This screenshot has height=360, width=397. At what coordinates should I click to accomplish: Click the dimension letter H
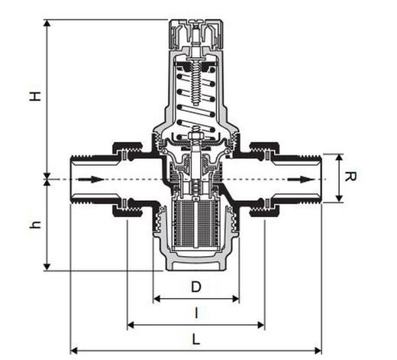(x=35, y=96)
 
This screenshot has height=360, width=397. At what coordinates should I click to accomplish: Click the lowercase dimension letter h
(x=35, y=225)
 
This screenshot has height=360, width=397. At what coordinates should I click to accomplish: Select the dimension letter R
(x=350, y=177)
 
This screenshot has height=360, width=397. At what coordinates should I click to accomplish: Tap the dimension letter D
(x=196, y=287)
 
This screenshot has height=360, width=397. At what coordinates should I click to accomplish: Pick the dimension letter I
(x=196, y=313)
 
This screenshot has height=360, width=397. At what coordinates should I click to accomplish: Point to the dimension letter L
(x=195, y=339)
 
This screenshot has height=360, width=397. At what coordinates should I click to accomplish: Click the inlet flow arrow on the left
(x=91, y=180)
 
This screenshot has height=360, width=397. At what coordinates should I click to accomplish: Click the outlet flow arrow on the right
(x=301, y=180)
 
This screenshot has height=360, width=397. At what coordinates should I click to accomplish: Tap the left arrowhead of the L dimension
(x=73, y=351)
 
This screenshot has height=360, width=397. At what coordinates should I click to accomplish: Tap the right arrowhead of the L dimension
(x=318, y=351)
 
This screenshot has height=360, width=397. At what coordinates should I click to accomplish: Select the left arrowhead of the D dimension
(x=157, y=299)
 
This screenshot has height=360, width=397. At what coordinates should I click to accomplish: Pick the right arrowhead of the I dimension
(x=261, y=325)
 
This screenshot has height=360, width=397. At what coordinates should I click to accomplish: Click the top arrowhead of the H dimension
(x=47, y=23)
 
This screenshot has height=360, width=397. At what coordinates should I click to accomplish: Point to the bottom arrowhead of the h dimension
(x=47, y=267)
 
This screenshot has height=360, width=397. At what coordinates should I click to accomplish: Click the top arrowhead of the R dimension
(x=339, y=157)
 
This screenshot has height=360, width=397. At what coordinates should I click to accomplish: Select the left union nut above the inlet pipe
(x=127, y=148)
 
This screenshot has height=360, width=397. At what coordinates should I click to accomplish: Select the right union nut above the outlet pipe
(x=265, y=148)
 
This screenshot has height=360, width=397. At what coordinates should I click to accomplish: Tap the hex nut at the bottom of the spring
(x=195, y=136)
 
